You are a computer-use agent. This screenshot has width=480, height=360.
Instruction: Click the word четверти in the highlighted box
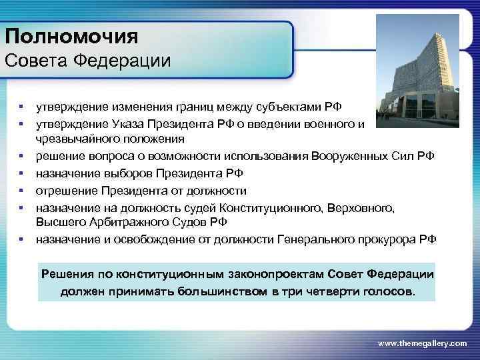(323, 291)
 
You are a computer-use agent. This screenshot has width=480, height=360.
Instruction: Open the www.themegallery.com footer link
(422, 342)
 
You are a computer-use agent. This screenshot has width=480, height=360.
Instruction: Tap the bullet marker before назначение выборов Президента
(22, 173)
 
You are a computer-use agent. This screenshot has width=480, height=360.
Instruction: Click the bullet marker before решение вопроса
(22, 157)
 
